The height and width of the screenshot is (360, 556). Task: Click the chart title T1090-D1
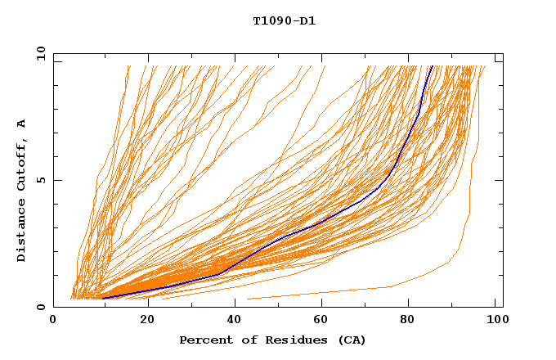pos(284,20)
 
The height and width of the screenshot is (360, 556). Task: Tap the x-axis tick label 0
pos(53,320)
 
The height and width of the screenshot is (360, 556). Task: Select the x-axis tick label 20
pos(146,320)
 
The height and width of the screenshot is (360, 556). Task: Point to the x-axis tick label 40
pos(235,320)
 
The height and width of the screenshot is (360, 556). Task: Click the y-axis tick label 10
pos(40,53)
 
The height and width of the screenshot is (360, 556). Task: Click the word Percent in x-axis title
pos(204,340)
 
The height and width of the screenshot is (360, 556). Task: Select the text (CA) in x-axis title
pos(350,340)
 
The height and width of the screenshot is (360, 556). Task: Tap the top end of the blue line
pos(431,66)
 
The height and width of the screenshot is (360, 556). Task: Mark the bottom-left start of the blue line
pos(104,298)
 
